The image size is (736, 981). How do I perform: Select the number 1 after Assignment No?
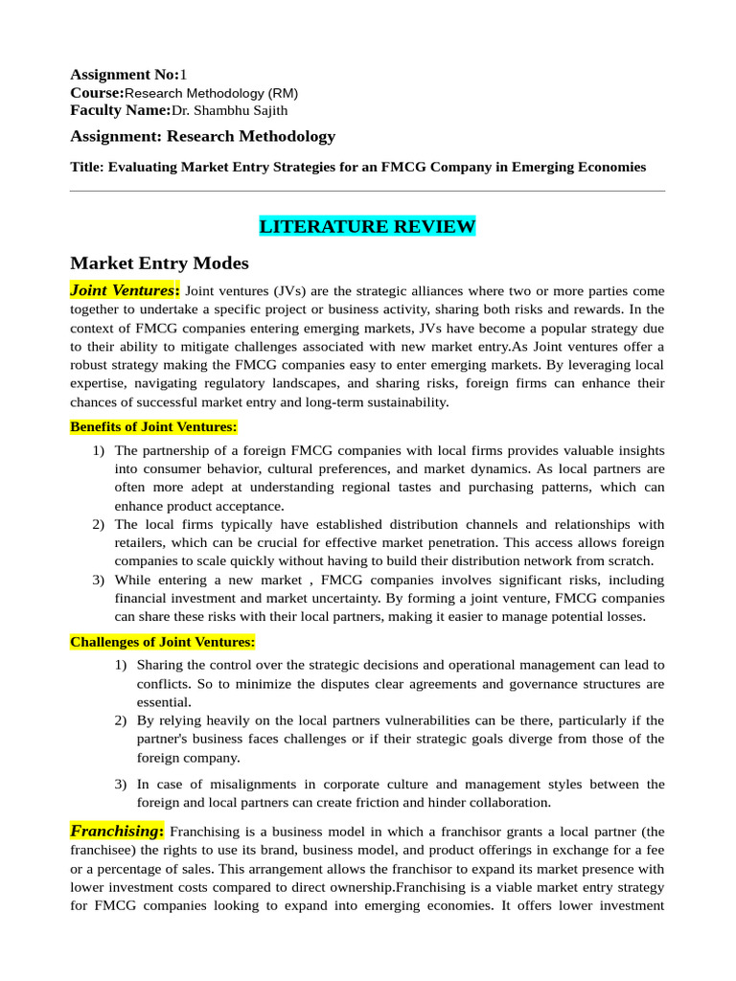(x=184, y=75)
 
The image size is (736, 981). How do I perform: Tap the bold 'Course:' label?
(x=97, y=93)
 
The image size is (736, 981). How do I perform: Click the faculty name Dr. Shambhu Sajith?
(x=229, y=110)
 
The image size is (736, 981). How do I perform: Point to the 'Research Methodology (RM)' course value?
(x=212, y=93)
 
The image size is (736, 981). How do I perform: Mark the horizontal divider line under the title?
(x=367, y=191)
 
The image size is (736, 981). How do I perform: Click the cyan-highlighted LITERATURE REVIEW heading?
(x=367, y=227)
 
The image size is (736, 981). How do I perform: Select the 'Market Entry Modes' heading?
(x=159, y=262)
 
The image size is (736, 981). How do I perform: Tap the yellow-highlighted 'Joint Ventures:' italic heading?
(x=125, y=289)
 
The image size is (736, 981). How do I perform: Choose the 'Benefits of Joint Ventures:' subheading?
(x=153, y=426)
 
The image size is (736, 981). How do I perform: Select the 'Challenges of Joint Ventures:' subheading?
(x=163, y=642)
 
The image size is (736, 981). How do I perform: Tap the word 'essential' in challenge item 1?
(x=164, y=701)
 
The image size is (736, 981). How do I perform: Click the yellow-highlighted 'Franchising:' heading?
(x=117, y=831)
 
